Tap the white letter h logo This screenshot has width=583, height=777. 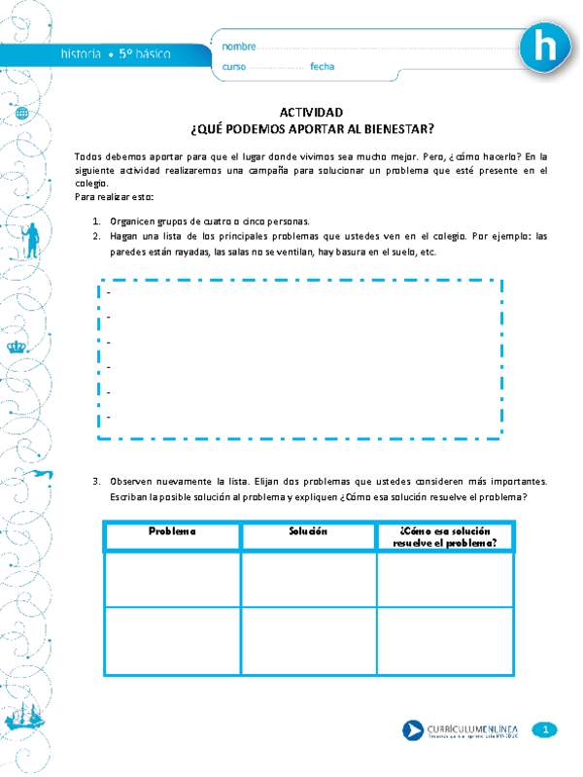coord(549,47)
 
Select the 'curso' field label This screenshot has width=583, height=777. coord(234,67)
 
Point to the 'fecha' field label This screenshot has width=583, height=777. coord(323,67)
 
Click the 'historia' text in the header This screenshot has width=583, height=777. coord(79,54)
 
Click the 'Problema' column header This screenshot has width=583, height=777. coord(172,531)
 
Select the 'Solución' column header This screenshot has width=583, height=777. coord(308,531)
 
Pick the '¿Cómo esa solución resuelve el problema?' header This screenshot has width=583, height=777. coord(445,536)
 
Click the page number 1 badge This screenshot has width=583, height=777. coord(546,729)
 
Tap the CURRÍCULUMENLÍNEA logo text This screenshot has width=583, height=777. coord(474,726)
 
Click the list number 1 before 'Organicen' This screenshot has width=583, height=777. coord(96,221)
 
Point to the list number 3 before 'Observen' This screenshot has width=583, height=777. coord(96,481)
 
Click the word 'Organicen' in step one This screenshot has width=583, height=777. coord(132,221)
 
